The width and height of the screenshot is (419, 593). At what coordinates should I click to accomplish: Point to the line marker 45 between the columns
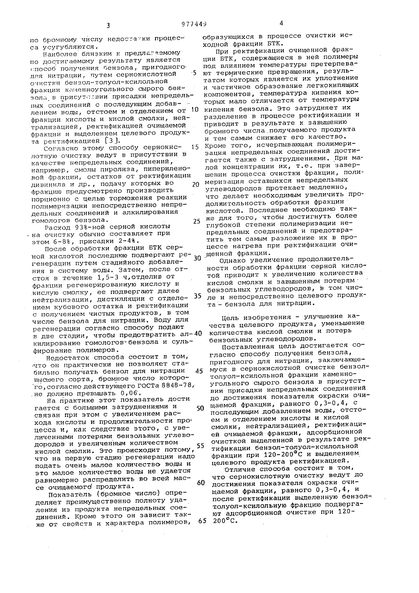point(199,371)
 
